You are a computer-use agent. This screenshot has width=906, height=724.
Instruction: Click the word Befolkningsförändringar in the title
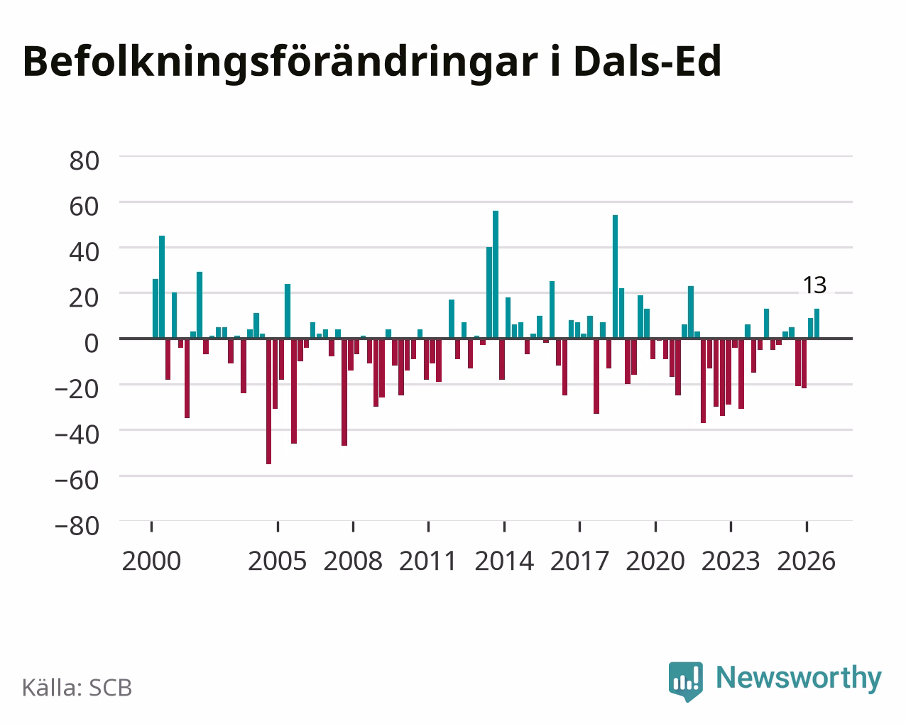pos(280,63)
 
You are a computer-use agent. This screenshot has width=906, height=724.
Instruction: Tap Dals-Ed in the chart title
pos(648,62)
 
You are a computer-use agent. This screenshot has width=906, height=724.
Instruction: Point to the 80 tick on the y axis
pos(84,161)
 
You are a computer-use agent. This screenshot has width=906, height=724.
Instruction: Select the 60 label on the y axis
pos(84,207)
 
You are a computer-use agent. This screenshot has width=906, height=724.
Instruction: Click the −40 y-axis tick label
pos(77,435)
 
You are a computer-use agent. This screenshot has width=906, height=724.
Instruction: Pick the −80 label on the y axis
pos(77,526)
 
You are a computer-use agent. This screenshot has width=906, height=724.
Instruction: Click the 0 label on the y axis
pos(92,344)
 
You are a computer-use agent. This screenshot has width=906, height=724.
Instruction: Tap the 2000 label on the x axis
pos(151,561)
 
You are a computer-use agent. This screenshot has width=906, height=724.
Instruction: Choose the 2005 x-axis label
pos(278,561)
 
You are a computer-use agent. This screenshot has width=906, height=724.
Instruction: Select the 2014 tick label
pos(504,561)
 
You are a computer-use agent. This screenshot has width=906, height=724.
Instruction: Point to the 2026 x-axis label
pos(806,561)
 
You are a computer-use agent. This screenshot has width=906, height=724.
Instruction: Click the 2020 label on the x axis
pos(655,561)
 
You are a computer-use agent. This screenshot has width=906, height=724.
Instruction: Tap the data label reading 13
pos(814,285)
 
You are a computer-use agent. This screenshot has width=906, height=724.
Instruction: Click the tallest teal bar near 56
pos(496,275)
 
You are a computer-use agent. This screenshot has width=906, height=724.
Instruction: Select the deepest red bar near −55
pos(268,401)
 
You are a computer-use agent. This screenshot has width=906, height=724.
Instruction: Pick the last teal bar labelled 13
pos(817,323)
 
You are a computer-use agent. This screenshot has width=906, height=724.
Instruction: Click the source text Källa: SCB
pos(77,689)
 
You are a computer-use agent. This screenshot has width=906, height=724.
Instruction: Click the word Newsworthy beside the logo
pos(799,679)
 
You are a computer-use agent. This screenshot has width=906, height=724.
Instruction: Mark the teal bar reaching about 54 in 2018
pos(615,277)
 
